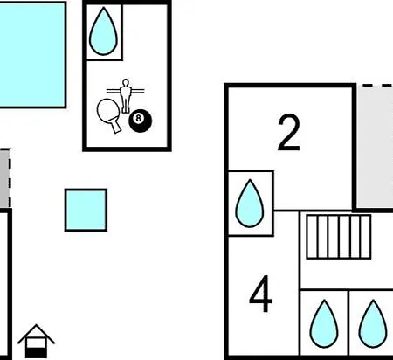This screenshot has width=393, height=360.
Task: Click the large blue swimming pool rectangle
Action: click(32, 55)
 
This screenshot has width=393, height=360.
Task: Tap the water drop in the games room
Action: click(103, 31)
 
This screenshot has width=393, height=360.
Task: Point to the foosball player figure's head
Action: click(126, 83)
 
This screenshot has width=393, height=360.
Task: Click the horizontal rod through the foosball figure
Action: click(125, 91)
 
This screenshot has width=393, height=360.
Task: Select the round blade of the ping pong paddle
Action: click(108, 110)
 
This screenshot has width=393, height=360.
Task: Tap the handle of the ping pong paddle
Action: click(116, 127)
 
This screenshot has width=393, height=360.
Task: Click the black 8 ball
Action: click(141, 121)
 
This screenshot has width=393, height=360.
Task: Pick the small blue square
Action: click(86, 210)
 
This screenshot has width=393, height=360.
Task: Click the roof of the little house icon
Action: click(36, 334)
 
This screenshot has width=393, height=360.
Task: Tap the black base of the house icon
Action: click(36, 353)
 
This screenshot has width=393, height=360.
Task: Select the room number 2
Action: click(288, 133)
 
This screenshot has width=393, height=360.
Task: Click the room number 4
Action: click(261, 294)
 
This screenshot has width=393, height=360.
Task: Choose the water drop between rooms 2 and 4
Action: click(250, 204)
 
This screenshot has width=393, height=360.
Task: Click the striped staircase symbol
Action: click(339, 237)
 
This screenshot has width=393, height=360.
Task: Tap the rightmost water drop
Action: click(373, 324)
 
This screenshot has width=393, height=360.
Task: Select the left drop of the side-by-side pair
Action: click(324, 324)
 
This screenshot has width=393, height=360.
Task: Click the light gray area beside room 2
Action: click(375, 147)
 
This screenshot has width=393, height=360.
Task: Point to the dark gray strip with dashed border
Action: click(4, 178)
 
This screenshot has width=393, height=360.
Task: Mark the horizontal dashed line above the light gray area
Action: click(378, 86)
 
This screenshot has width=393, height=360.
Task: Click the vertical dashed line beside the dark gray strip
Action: click(10, 178)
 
